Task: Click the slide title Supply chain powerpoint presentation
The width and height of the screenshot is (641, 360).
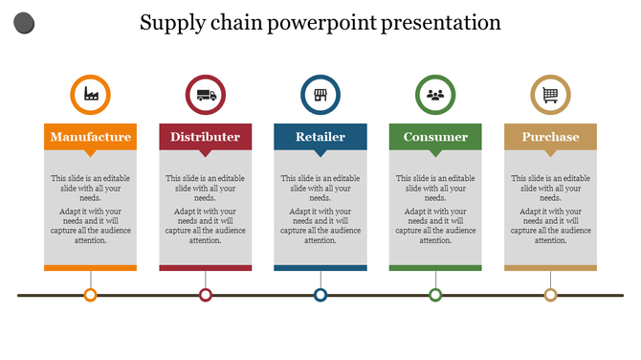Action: (x=320, y=22)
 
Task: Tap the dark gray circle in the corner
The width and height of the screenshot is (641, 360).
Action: (x=26, y=23)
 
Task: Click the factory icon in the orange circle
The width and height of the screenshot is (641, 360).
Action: (x=91, y=94)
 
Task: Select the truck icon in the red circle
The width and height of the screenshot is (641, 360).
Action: (x=206, y=94)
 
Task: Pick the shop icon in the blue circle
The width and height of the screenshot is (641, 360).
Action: (x=320, y=94)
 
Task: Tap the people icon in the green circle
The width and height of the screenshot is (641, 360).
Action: (x=435, y=94)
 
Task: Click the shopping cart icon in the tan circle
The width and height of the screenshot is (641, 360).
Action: (x=550, y=94)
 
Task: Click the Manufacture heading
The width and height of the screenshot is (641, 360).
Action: (x=91, y=137)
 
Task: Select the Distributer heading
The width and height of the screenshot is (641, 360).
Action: (x=206, y=137)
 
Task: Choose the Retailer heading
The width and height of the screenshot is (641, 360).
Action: (x=320, y=137)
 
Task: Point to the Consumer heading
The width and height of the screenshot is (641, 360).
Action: (x=435, y=137)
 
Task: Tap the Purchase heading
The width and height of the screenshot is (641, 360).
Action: (x=550, y=137)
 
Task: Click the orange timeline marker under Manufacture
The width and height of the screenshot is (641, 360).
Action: (x=91, y=295)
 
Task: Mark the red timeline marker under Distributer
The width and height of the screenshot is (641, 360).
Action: (x=206, y=295)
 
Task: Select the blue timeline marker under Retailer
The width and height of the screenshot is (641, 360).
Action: (x=320, y=295)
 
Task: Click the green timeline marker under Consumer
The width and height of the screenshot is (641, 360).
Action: (x=435, y=295)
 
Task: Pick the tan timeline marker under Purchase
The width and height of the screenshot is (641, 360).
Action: (x=550, y=295)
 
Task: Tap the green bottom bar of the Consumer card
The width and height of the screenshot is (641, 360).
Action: (x=435, y=268)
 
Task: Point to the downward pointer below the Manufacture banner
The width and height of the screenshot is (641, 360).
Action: (x=91, y=152)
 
